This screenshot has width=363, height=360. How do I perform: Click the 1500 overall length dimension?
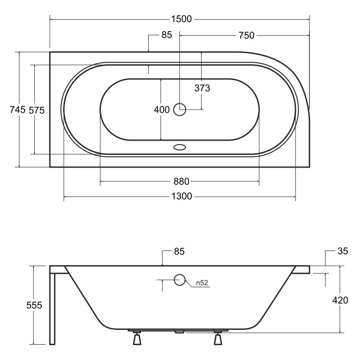(181, 19)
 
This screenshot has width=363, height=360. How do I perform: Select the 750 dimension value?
(246, 35)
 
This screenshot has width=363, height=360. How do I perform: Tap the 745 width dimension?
(18, 109)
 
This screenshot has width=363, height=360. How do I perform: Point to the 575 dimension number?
(36, 110)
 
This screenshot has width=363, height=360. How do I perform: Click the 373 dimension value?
(202, 88)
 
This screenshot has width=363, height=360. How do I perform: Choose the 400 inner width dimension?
(162, 110)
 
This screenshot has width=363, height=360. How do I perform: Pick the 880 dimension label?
(182, 181)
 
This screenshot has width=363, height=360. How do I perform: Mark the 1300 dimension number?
(182, 196)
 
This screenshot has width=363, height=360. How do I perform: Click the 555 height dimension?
(34, 305)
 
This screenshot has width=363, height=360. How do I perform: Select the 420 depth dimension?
(341, 300)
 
